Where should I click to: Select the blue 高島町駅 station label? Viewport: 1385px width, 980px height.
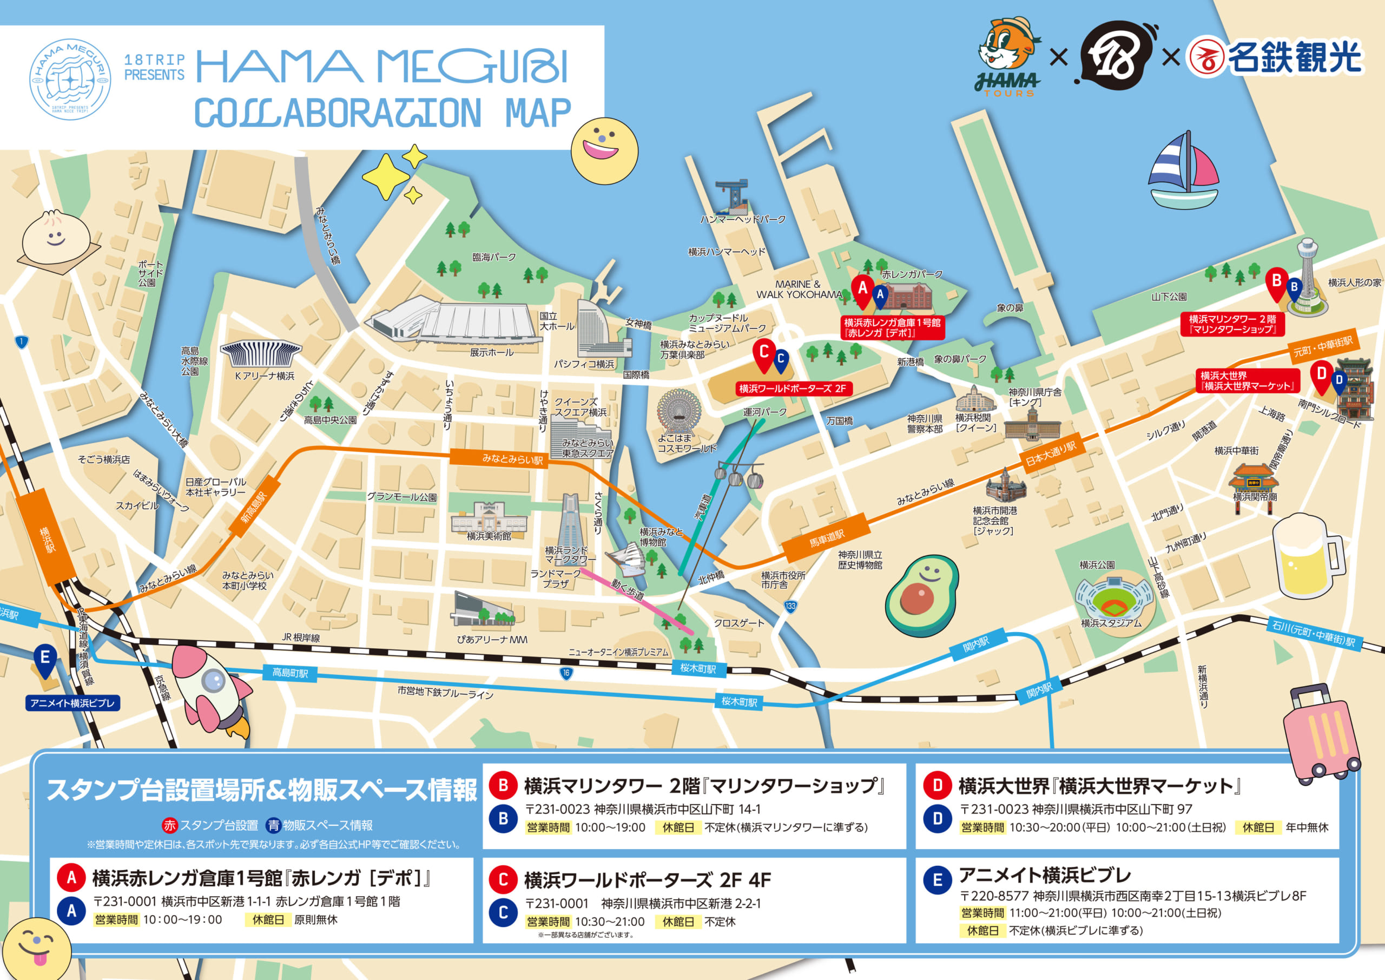click(x=289, y=673)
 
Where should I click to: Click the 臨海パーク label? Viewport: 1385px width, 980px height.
click(x=494, y=257)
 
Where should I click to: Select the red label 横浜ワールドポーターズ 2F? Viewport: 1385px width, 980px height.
click(x=793, y=389)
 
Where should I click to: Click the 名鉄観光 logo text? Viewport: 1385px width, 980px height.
click(x=1294, y=57)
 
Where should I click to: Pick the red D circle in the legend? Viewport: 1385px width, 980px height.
click(x=938, y=785)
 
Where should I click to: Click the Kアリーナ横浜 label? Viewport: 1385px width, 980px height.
click(x=264, y=376)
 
